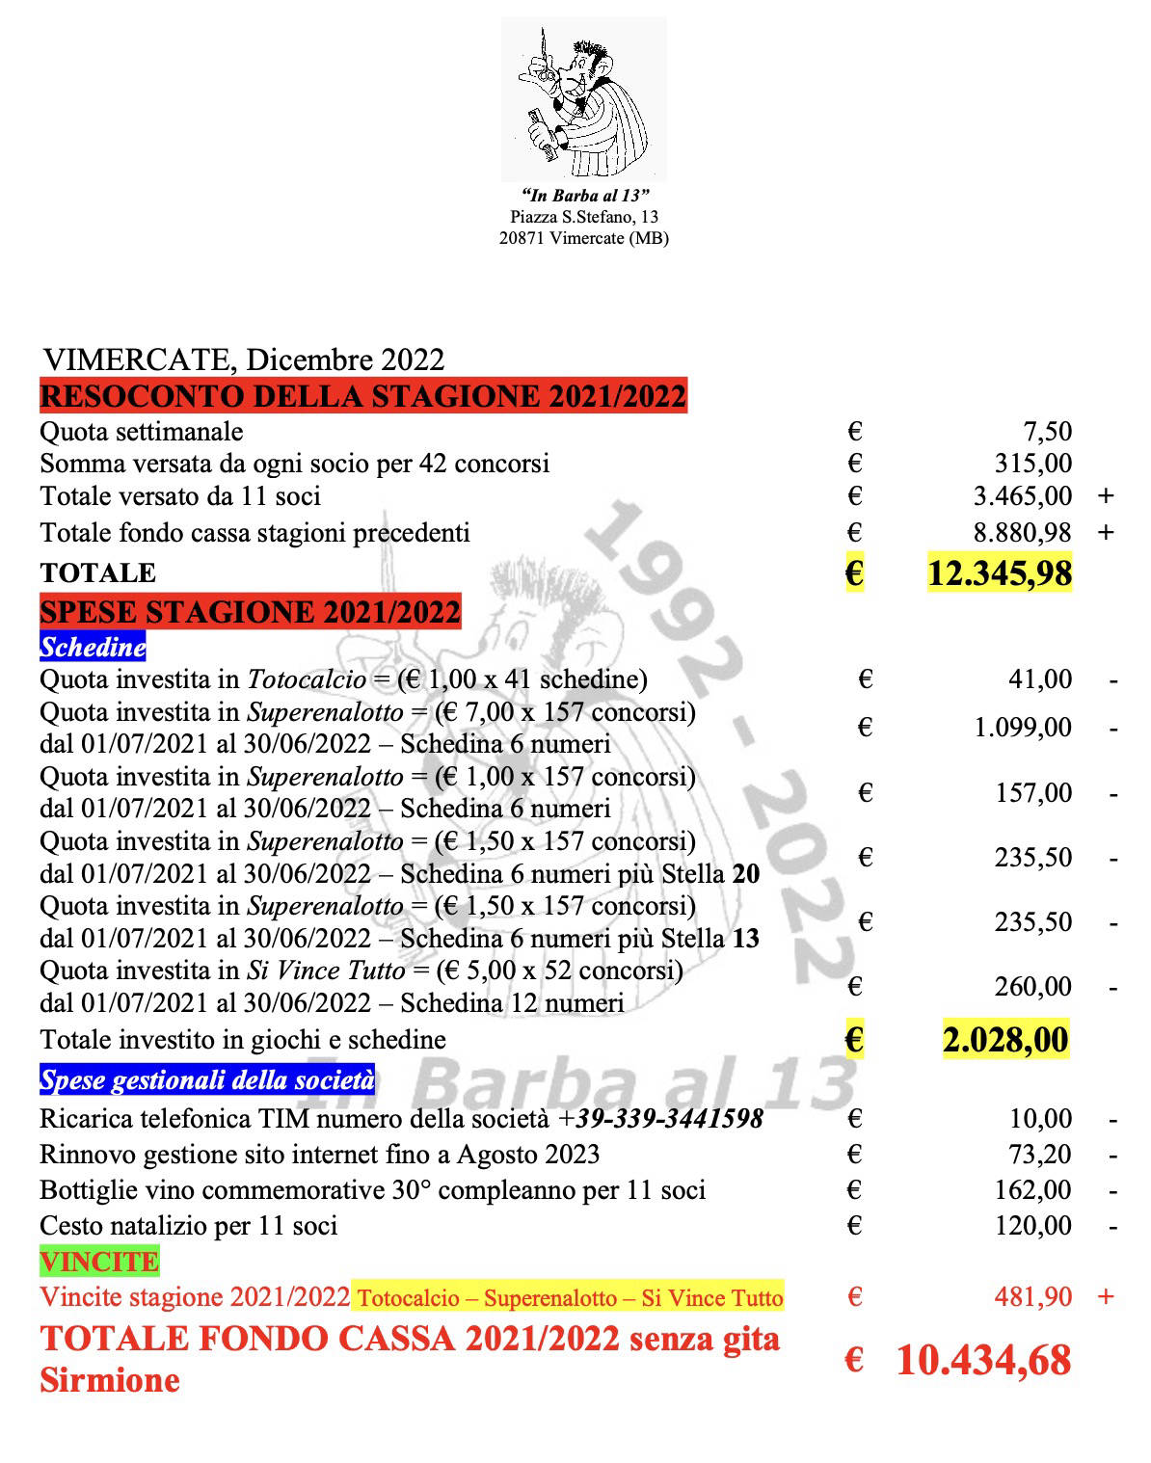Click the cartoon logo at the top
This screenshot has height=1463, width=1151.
(x=583, y=99)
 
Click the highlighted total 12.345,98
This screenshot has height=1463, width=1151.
(x=999, y=573)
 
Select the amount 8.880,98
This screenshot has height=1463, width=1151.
(x=1022, y=532)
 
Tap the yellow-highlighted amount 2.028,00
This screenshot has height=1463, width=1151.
(x=1005, y=1041)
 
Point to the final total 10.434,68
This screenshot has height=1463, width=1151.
(x=983, y=1360)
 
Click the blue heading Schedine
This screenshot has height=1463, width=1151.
(x=93, y=647)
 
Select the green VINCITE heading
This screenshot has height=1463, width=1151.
(x=99, y=1262)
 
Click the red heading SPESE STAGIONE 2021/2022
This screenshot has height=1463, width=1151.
(x=251, y=612)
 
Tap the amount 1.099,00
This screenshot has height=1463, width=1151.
(x=1023, y=728)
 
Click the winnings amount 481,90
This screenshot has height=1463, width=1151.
(x=1032, y=1297)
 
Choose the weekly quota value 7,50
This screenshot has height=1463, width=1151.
(x=1047, y=432)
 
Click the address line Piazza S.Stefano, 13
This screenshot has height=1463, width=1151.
(x=584, y=217)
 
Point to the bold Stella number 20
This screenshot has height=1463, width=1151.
(x=745, y=874)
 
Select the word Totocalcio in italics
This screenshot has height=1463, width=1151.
(x=308, y=679)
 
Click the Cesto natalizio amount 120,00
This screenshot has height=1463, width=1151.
(x=1032, y=1226)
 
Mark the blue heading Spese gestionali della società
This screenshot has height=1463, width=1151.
(x=207, y=1080)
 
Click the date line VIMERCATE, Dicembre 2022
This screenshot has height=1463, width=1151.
(x=244, y=359)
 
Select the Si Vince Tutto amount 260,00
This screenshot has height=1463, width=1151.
(x=1032, y=987)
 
